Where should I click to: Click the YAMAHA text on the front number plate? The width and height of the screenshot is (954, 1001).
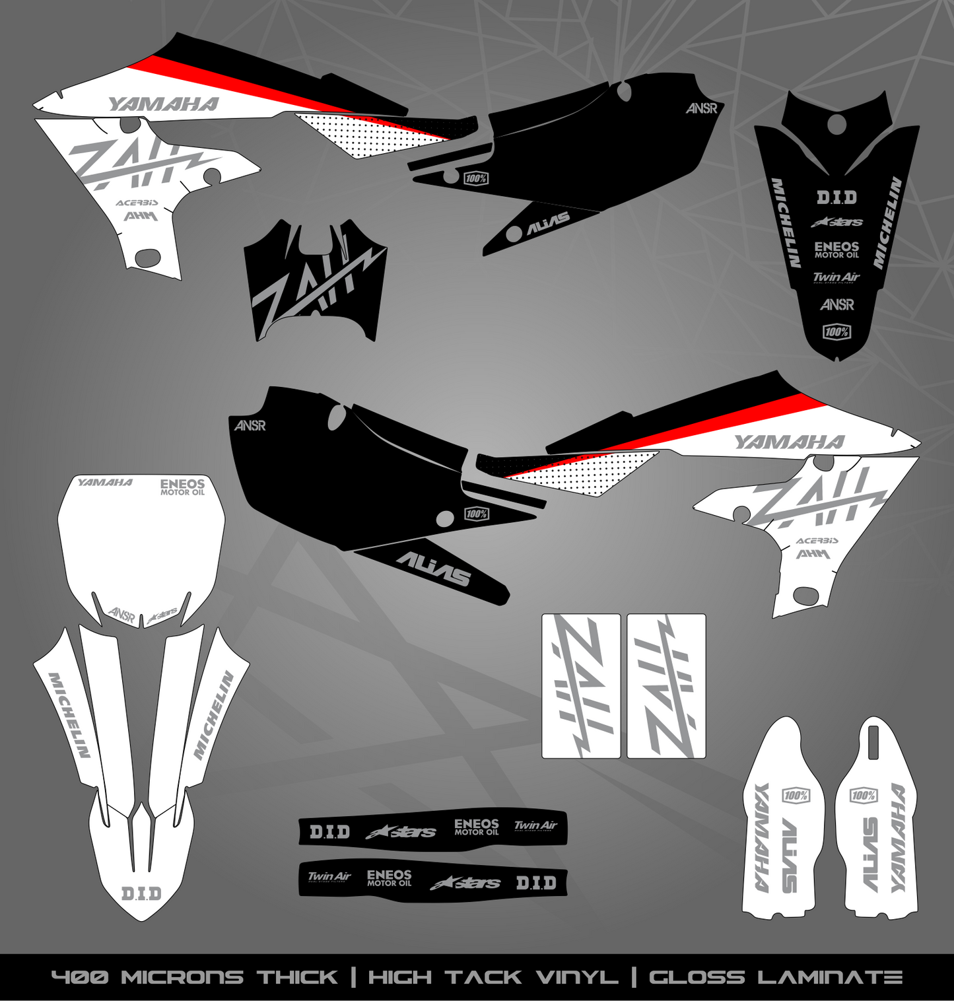[105, 483]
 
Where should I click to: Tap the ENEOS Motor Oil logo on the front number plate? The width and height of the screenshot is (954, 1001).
[183, 487]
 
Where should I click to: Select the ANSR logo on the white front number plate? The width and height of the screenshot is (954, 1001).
[121, 615]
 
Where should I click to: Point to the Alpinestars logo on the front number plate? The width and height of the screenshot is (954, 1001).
[162, 616]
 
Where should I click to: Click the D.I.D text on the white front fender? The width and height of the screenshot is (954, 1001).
[141, 894]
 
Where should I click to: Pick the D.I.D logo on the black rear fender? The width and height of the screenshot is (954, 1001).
[836, 197]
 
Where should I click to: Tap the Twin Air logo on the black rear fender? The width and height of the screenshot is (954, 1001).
[836, 277]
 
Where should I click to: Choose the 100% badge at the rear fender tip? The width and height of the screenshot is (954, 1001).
[836, 332]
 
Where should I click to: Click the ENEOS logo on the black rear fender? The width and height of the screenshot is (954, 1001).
[836, 250]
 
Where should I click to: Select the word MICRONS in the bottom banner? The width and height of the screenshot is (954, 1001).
[182, 977]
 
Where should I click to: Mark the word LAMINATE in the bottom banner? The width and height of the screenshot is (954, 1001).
[831, 977]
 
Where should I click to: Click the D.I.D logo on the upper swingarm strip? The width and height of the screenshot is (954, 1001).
[329, 832]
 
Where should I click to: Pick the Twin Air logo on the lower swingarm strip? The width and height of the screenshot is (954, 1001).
[329, 877]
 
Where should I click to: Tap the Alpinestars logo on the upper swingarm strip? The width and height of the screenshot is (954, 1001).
[401, 832]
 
